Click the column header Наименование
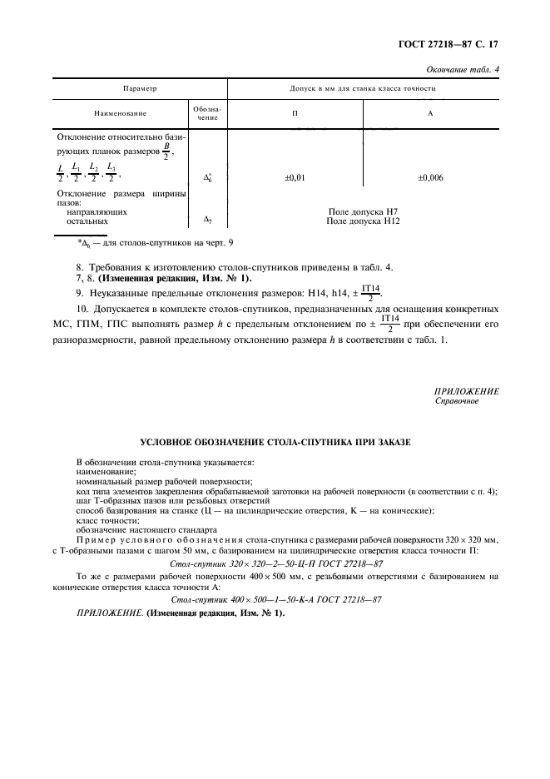coord(120,112)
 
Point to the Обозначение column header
coord(208,113)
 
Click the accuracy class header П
coord(295,112)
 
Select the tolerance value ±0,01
coord(295,177)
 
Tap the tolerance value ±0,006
coord(430,177)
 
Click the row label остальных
coord(87,221)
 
